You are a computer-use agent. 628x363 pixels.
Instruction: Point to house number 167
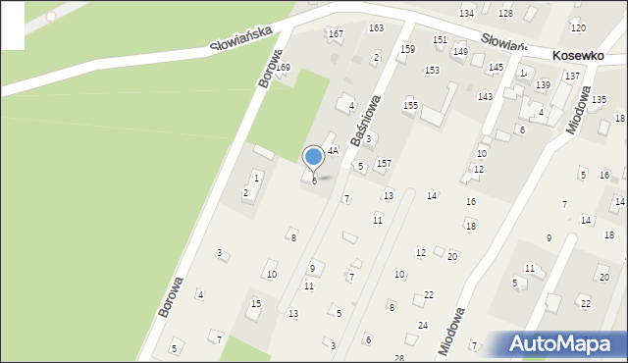click(x=336, y=34)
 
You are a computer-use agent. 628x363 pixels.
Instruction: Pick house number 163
click(x=376, y=28)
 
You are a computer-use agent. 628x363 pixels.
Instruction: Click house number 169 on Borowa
click(x=283, y=67)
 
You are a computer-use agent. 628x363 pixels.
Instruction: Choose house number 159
click(x=407, y=48)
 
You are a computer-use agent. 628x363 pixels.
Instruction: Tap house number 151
click(x=440, y=39)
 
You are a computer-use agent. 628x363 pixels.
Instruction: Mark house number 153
click(x=432, y=71)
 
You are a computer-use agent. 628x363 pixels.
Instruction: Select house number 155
click(x=410, y=105)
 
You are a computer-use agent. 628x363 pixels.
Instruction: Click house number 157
click(x=385, y=163)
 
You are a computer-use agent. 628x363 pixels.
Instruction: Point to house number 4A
click(x=333, y=151)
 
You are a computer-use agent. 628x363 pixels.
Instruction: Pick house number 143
click(x=485, y=96)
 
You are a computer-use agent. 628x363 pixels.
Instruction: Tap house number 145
click(x=496, y=67)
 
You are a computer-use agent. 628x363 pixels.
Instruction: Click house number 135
click(x=599, y=100)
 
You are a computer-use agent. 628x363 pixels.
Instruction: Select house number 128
click(x=505, y=13)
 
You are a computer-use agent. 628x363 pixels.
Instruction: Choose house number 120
click(x=578, y=28)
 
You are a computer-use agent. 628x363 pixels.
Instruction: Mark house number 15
click(x=256, y=304)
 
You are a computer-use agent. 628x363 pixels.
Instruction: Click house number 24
click(x=423, y=325)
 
